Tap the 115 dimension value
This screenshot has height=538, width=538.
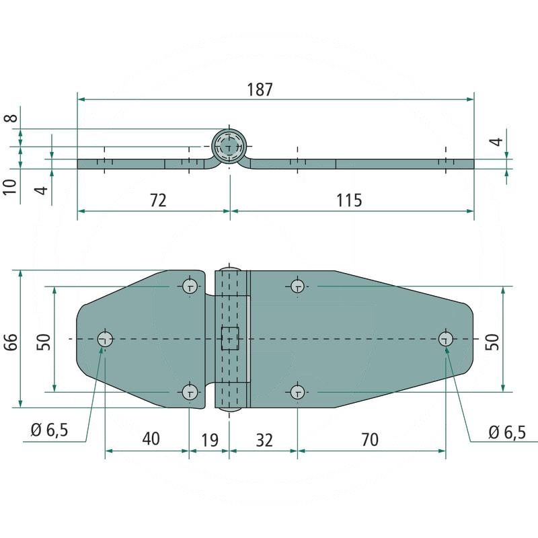click(348, 200)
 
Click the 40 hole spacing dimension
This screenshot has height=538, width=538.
click(151, 439)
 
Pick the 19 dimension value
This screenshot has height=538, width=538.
click(210, 439)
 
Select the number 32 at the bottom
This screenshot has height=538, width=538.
click(264, 439)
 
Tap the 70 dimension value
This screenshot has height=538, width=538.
click(369, 439)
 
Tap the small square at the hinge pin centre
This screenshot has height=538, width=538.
click(230, 338)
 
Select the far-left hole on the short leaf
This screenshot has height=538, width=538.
click(105, 339)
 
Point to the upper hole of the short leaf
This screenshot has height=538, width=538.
click(190, 286)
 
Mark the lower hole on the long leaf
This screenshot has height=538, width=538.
click(297, 392)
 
